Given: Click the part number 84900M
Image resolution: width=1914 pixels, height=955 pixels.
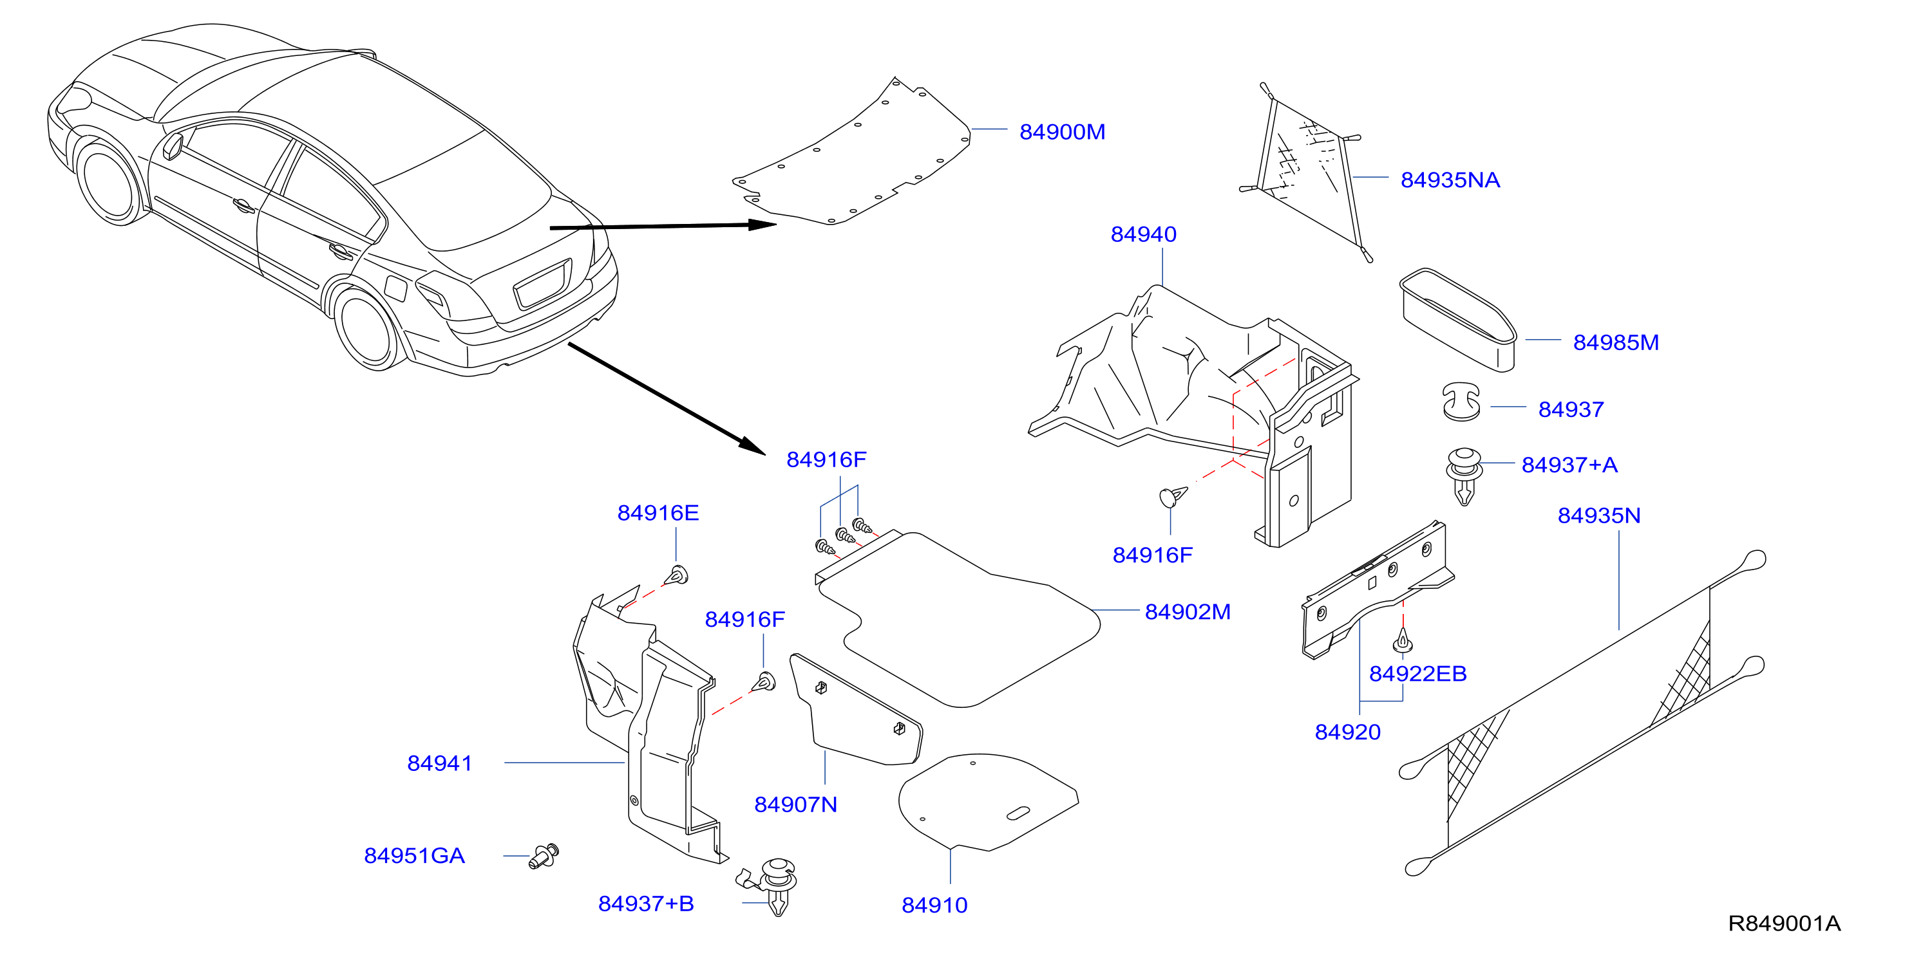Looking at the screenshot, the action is click(1062, 132).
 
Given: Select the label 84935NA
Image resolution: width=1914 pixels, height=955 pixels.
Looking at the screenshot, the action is click(1450, 180).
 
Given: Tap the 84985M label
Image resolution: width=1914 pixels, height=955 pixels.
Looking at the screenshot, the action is click(1615, 343).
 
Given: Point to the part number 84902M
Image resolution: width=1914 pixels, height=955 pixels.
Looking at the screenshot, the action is click(1188, 612).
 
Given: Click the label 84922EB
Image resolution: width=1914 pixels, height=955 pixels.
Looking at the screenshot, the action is click(1417, 674).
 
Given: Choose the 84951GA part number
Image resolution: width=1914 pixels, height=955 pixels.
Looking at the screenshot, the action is click(415, 857).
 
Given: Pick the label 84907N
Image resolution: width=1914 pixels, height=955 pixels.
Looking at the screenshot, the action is click(796, 805).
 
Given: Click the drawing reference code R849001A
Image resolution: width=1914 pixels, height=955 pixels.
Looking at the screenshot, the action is click(1784, 924).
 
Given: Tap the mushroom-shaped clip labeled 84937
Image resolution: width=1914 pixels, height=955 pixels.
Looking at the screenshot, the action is click(1461, 402).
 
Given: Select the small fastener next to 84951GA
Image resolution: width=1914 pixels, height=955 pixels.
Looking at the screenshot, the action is click(545, 857).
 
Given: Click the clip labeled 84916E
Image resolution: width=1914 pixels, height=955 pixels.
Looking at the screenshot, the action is click(677, 575).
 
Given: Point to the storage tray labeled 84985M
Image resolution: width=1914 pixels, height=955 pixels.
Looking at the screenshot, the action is click(1458, 320).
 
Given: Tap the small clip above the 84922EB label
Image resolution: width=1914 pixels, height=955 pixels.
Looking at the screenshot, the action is click(1402, 640).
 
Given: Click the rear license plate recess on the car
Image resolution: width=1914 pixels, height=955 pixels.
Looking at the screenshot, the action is click(543, 283).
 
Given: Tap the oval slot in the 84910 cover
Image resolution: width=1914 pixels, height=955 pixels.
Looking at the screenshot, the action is click(1018, 813).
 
